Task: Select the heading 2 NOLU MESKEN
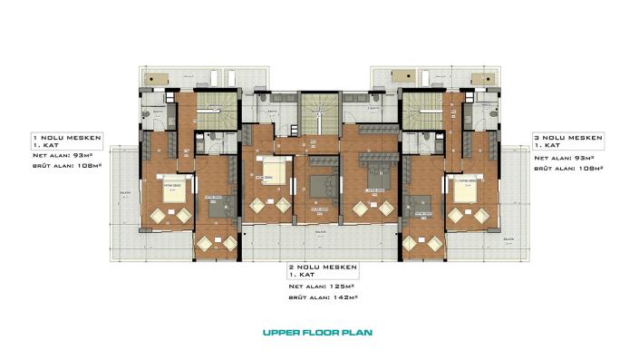coord(324,268)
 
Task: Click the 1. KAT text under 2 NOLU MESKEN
coord(302,275)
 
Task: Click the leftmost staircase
coord(216,112)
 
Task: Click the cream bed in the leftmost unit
coord(174,189)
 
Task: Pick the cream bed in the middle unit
coord(276,172)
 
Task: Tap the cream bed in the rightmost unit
coord(470,189)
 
